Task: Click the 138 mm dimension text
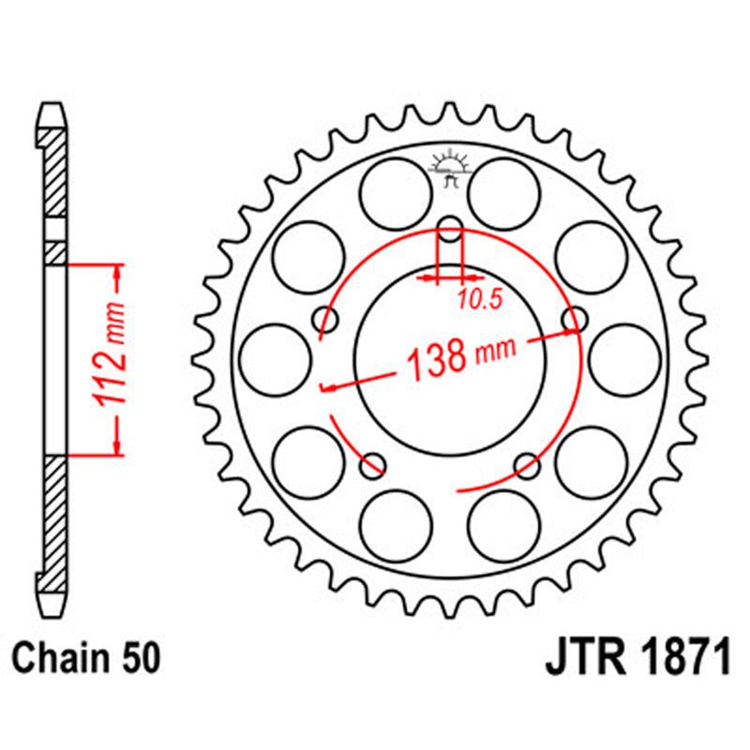[460, 357]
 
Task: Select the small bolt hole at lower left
[373, 463]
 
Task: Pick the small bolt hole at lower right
[527, 463]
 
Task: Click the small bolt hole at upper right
[573, 319]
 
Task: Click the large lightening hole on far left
[274, 360]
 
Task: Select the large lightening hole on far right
[625, 360]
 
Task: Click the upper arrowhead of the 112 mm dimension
[118, 272]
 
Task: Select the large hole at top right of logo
[504, 191]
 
